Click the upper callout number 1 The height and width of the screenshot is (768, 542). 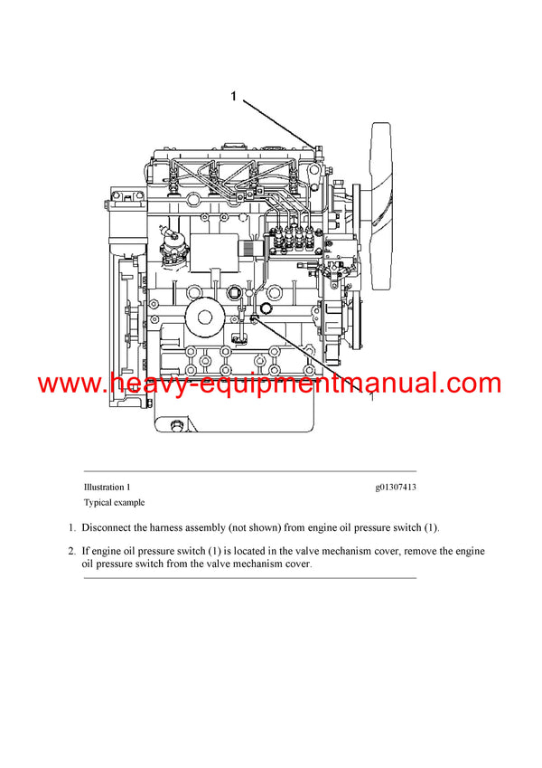coord(235,97)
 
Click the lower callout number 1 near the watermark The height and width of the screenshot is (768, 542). coord(371,395)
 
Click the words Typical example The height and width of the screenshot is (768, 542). coord(114,502)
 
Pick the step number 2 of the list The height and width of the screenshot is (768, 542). coord(71,551)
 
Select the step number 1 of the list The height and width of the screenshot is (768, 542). coord(71,526)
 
